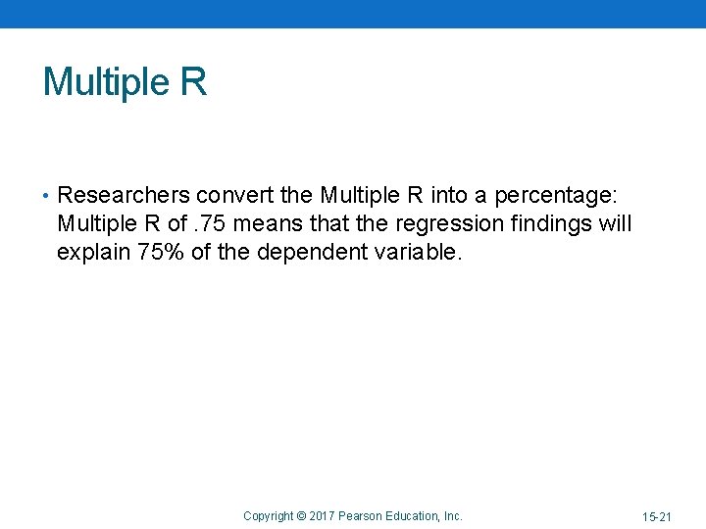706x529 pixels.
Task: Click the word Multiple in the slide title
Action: [106, 81]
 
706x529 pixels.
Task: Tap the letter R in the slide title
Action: [193, 81]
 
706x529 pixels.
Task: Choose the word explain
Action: [94, 252]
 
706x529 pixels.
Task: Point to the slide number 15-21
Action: [657, 516]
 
